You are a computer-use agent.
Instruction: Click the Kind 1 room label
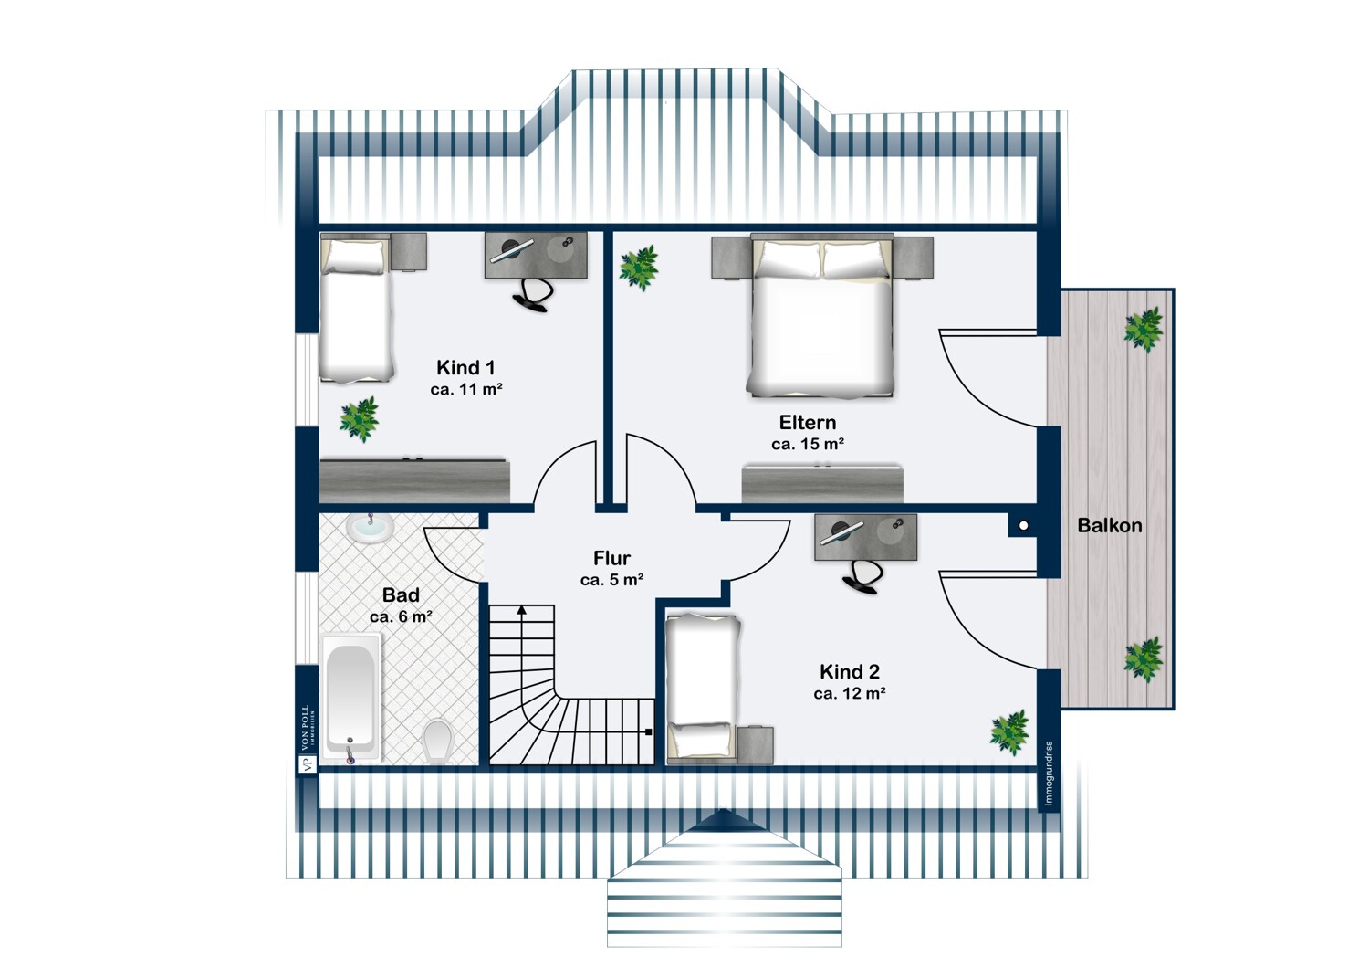(x=465, y=368)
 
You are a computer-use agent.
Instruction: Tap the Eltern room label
(x=807, y=423)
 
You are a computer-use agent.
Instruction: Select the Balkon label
(x=1109, y=526)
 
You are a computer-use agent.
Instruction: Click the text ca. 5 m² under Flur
(x=611, y=580)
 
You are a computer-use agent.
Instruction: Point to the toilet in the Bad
(x=438, y=740)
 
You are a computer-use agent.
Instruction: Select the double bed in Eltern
(x=820, y=320)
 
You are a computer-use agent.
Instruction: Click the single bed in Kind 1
(x=355, y=310)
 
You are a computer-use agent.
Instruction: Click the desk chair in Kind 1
(x=533, y=293)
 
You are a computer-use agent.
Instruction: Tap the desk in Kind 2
(x=865, y=536)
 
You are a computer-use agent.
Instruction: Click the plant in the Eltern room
(x=639, y=267)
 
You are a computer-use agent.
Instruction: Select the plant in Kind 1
(x=359, y=418)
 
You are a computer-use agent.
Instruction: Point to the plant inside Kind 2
(x=1010, y=732)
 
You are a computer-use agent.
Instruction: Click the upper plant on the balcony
(x=1143, y=329)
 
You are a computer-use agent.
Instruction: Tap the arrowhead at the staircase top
(x=521, y=609)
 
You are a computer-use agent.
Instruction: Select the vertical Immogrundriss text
(x=1049, y=773)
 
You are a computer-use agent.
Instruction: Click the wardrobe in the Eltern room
(x=822, y=483)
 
